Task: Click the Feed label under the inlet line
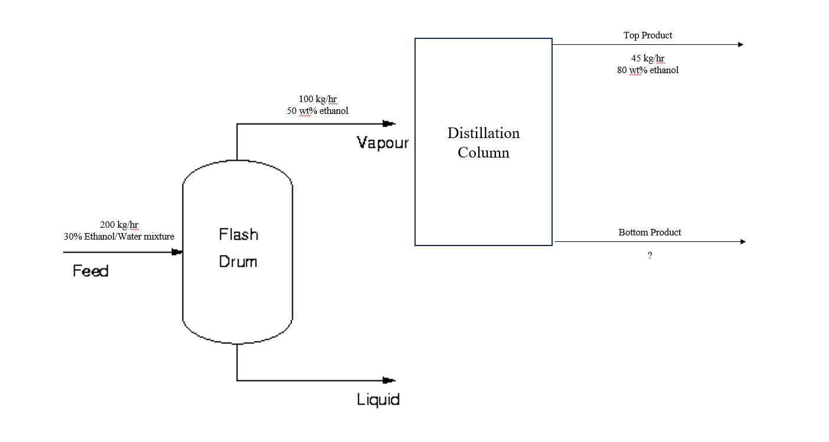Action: pyautogui.click(x=90, y=271)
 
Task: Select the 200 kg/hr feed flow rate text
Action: pyautogui.click(x=119, y=224)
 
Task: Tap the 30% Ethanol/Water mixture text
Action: pyautogui.click(x=119, y=237)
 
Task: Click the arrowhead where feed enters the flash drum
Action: pyautogui.click(x=177, y=252)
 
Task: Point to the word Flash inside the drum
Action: pyautogui.click(x=239, y=234)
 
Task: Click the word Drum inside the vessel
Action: pyautogui.click(x=238, y=261)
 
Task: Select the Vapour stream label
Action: pyautogui.click(x=383, y=143)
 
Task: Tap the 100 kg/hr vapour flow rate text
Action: pyautogui.click(x=318, y=99)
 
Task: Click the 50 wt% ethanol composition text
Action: pyautogui.click(x=318, y=111)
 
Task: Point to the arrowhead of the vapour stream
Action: pyautogui.click(x=389, y=123)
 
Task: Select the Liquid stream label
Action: pyautogui.click(x=378, y=400)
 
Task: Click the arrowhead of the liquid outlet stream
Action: pyautogui.click(x=389, y=380)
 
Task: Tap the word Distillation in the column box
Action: pyautogui.click(x=484, y=133)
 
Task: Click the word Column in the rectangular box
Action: pyautogui.click(x=484, y=153)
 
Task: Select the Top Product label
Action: pyautogui.click(x=648, y=35)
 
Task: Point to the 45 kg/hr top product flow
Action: pyautogui.click(x=648, y=58)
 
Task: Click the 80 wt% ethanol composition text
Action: pyautogui.click(x=648, y=70)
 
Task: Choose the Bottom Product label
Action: pyautogui.click(x=650, y=233)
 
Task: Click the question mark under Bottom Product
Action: pyautogui.click(x=650, y=256)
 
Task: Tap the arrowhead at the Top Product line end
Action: pyautogui.click(x=740, y=44)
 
